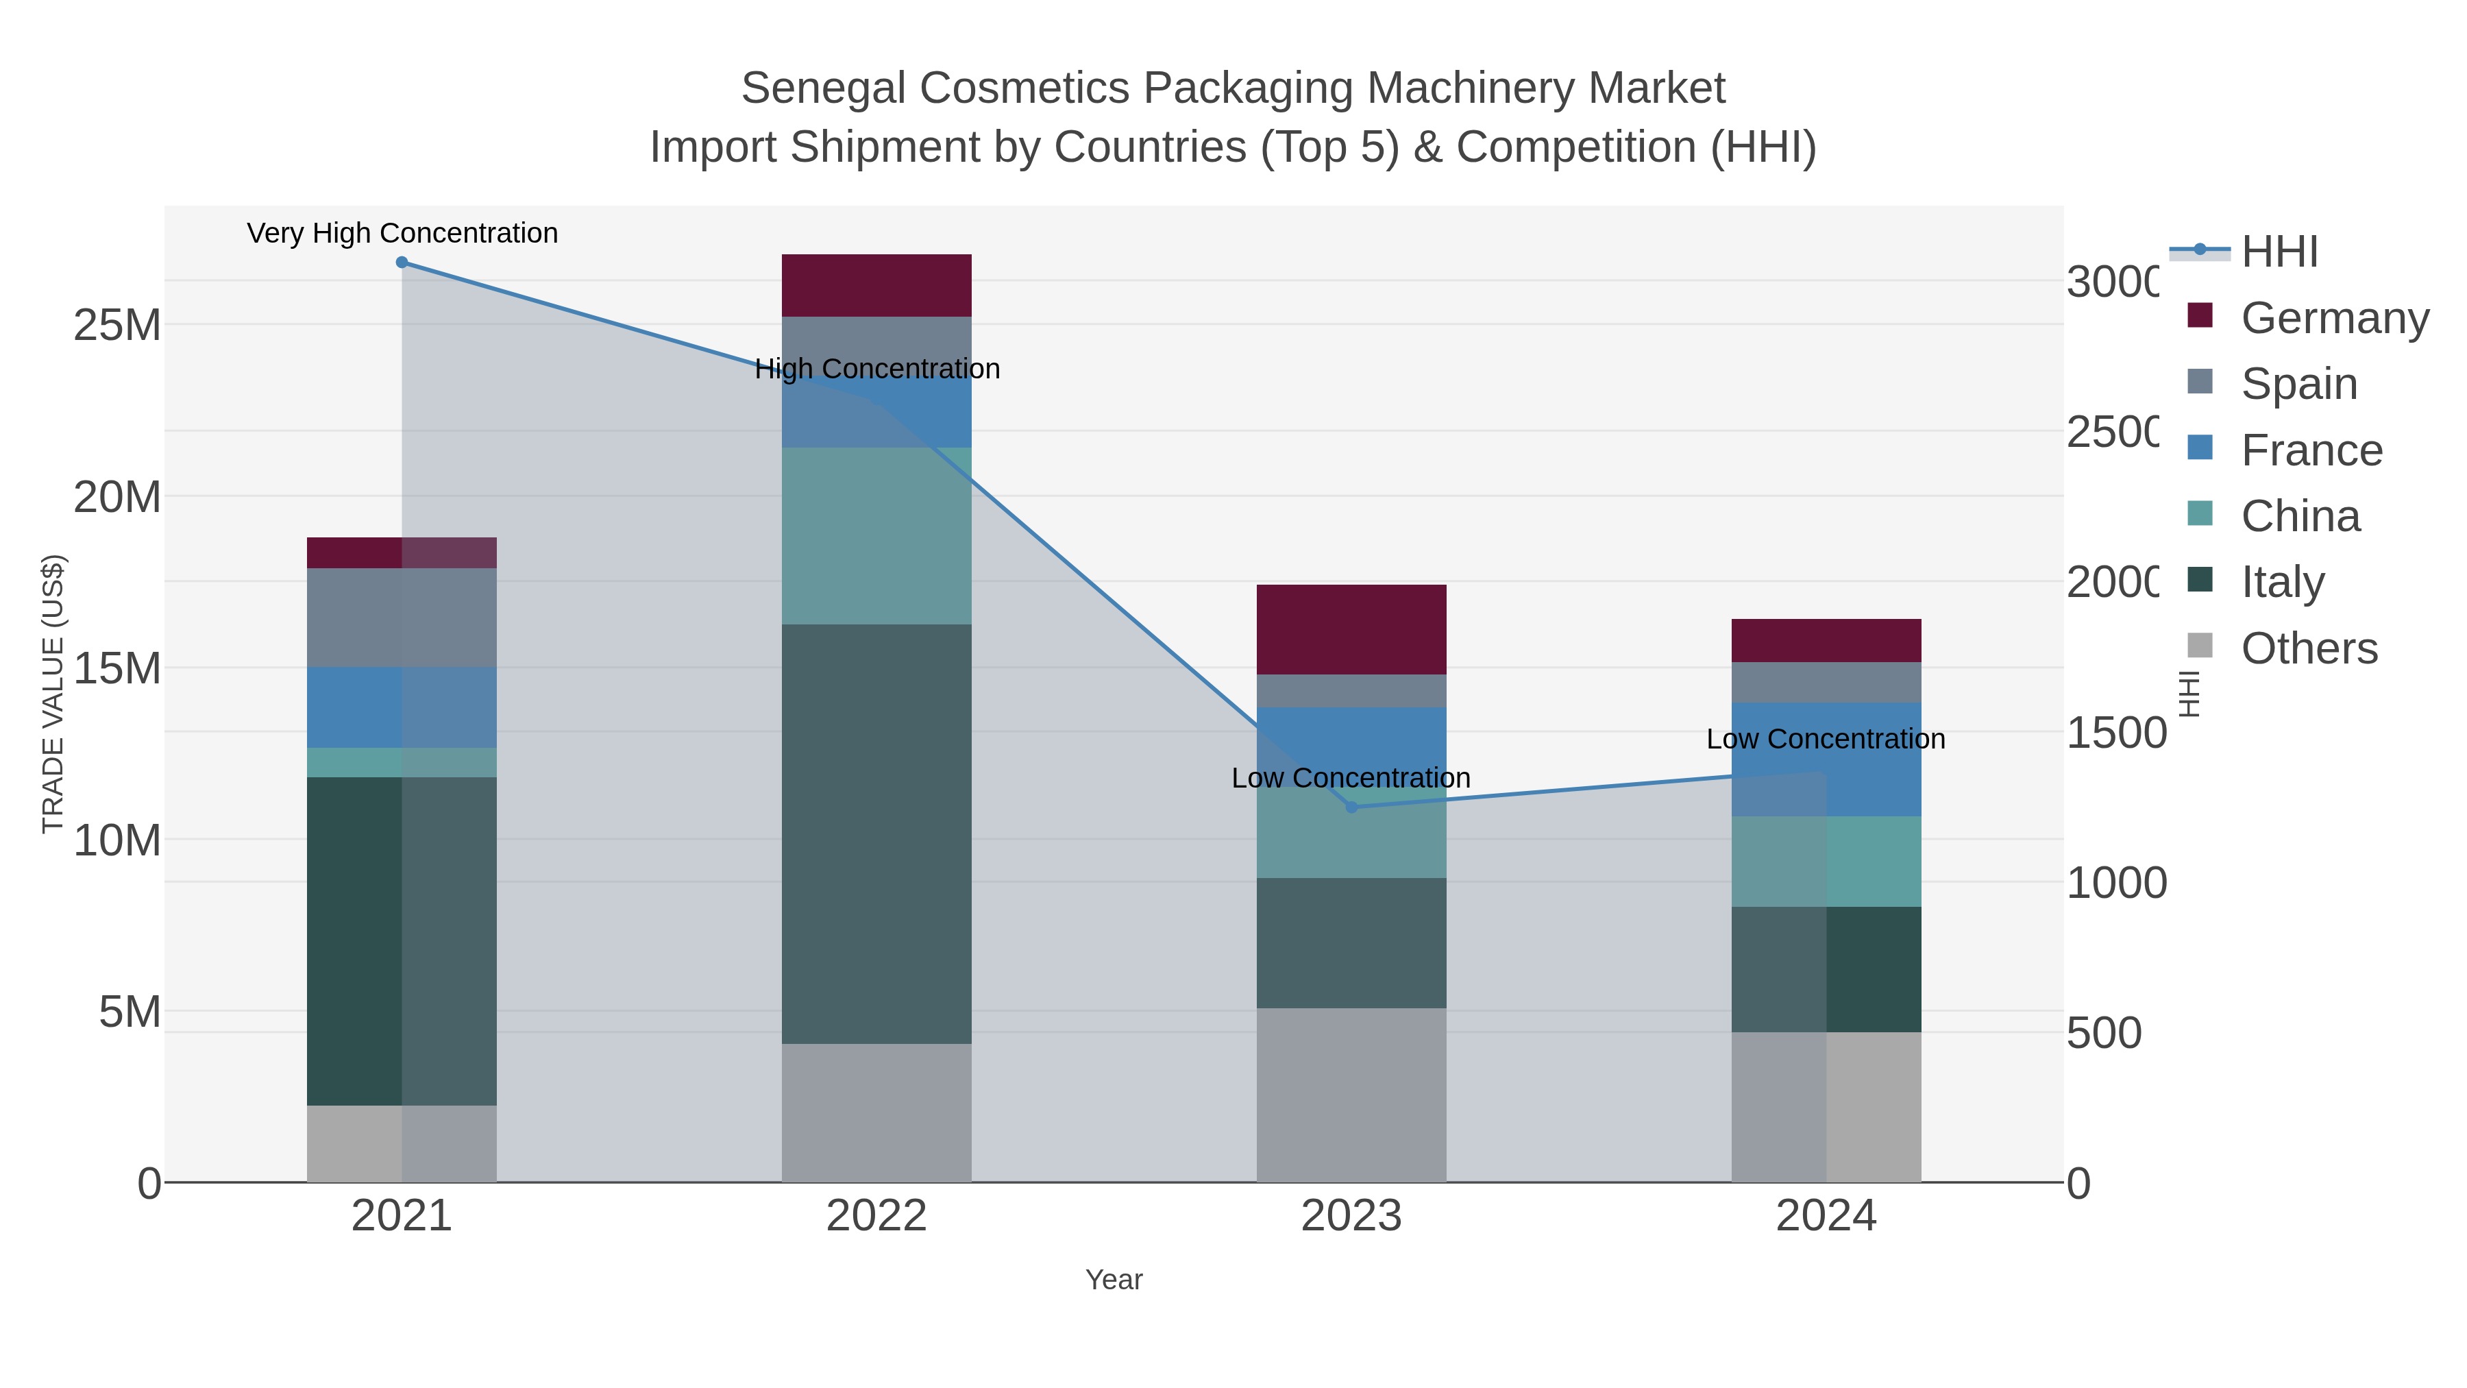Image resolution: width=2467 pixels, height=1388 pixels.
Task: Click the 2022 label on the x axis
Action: click(x=876, y=1217)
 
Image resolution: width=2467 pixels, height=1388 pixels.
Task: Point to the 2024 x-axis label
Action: click(x=1826, y=1217)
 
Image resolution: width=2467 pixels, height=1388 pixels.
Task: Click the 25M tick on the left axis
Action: click(x=116, y=326)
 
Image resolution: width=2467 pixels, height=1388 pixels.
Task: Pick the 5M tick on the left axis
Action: click(x=130, y=1012)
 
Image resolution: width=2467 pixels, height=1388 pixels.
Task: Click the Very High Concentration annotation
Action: click(x=402, y=233)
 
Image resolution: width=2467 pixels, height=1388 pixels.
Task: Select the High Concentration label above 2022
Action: click(x=877, y=369)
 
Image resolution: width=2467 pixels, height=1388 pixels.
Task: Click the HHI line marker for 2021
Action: click(x=402, y=263)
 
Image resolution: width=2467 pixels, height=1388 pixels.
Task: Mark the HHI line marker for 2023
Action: click(x=1351, y=807)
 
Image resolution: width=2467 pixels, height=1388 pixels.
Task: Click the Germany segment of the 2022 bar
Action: click(x=876, y=285)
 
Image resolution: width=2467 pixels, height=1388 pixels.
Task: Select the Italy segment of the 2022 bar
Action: click(x=876, y=833)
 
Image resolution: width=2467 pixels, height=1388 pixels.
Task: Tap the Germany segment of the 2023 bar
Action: click(x=1351, y=629)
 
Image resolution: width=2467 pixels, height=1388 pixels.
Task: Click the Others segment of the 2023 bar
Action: click(x=1351, y=1095)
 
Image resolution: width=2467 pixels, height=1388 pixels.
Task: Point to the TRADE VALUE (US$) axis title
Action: click(x=53, y=694)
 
